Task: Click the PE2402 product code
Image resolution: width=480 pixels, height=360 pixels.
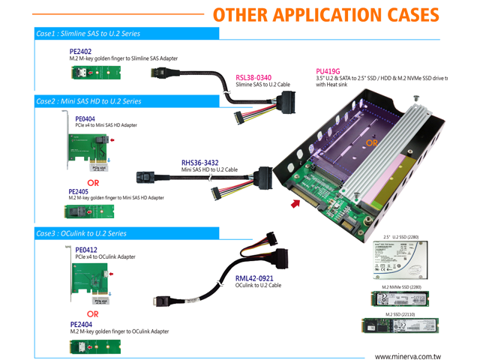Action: (80, 50)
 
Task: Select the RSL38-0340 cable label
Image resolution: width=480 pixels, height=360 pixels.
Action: (253, 77)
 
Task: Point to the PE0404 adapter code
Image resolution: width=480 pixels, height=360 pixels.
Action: (85, 118)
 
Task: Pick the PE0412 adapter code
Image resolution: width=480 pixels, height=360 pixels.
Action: (85, 250)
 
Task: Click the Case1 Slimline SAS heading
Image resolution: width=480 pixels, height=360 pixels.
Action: (88, 34)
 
